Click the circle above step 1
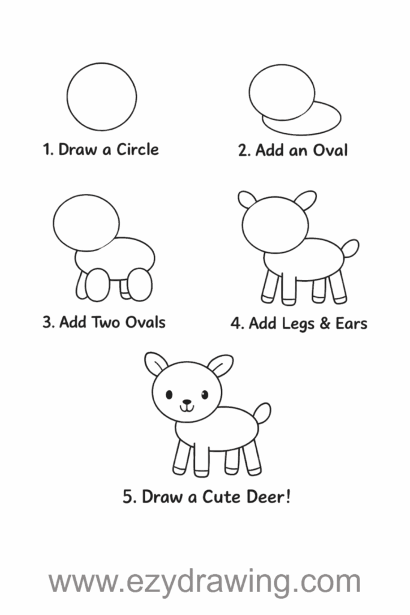click(x=67, y=97)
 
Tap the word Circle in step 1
click(x=137, y=150)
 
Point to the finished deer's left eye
click(x=169, y=394)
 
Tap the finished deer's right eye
click(x=205, y=394)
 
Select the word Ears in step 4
click(x=351, y=324)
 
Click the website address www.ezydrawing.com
click(x=205, y=581)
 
